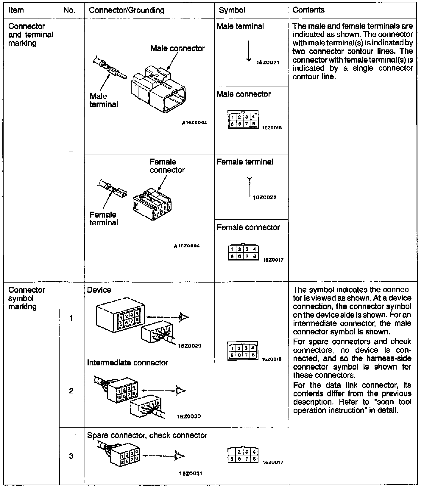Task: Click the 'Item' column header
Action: [16, 10]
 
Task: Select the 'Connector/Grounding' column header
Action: [127, 10]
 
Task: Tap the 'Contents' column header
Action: [308, 10]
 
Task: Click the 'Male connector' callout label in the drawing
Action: [177, 48]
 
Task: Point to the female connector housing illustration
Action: [152, 204]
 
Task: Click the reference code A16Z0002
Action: [194, 122]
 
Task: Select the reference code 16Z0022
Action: [265, 197]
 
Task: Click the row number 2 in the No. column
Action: [71, 391]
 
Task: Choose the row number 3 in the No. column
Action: [71, 456]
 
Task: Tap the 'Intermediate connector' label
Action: [127, 363]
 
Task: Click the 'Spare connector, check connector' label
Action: [147, 435]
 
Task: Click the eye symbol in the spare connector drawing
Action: [180, 456]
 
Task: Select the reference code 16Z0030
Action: [189, 416]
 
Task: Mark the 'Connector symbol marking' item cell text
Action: [26, 298]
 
